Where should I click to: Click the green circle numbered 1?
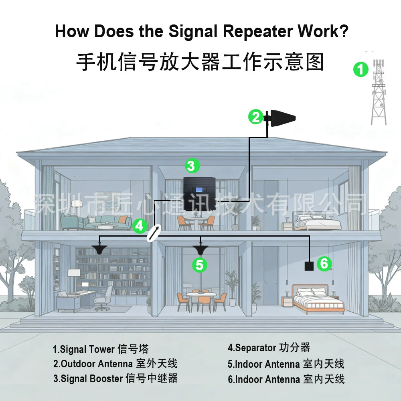360,69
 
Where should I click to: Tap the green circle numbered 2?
256,117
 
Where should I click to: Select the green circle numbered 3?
192,166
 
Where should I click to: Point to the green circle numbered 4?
140,226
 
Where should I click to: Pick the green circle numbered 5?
200,265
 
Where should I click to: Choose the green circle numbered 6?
324,263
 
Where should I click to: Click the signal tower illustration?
379,92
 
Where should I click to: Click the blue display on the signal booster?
199,190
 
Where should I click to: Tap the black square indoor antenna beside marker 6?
309,266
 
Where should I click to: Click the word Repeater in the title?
258,31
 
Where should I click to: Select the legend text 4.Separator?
252,348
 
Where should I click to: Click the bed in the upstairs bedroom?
317,222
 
